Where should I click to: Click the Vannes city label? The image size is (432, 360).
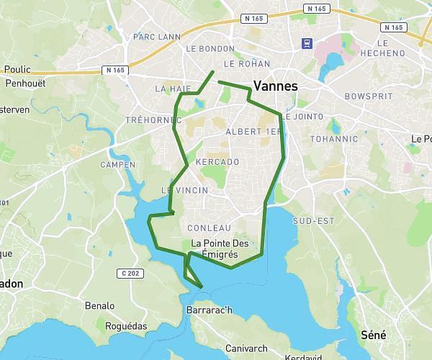click(x=276, y=85)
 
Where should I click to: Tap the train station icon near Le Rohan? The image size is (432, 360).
click(x=307, y=42)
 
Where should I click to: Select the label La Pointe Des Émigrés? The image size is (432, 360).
click(x=225, y=248)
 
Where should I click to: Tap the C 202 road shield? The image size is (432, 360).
click(x=130, y=273)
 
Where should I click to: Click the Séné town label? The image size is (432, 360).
click(x=373, y=335)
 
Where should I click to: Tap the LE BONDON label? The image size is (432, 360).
click(x=210, y=49)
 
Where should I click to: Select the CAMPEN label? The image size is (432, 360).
click(x=118, y=165)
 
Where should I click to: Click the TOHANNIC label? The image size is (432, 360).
click(x=333, y=138)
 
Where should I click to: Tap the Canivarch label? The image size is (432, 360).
click(x=247, y=348)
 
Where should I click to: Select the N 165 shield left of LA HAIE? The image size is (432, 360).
click(x=114, y=70)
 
